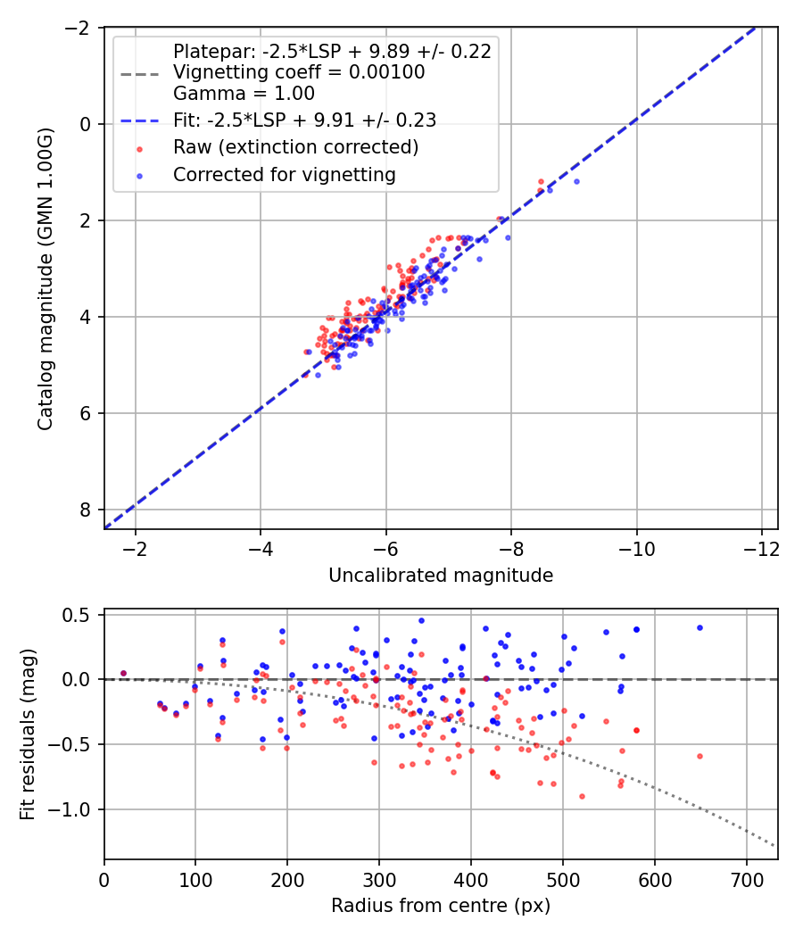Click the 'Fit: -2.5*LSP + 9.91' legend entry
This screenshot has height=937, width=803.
coord(304,120)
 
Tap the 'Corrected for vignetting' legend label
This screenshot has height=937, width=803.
coord(285,175)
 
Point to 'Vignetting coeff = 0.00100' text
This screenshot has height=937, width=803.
coord(299,72)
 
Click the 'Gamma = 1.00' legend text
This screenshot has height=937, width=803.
coord(244,93)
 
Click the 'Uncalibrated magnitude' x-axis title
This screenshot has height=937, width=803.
coord(441,576)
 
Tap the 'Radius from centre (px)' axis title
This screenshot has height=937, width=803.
coord(441,906)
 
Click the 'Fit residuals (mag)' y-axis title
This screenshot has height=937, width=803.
coord(28,734)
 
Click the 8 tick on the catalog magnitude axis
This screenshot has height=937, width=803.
coord(87,510)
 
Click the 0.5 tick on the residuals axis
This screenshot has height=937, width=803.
coord(81,615)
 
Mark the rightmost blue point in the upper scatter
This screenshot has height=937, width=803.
coord(576,181)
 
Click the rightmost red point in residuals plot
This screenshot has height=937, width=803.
coord(700,756)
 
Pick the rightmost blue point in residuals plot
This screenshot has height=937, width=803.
coord(700,627)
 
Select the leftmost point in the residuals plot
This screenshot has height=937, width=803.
coord(123,673)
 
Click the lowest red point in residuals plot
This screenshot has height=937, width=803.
coord(582,796)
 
